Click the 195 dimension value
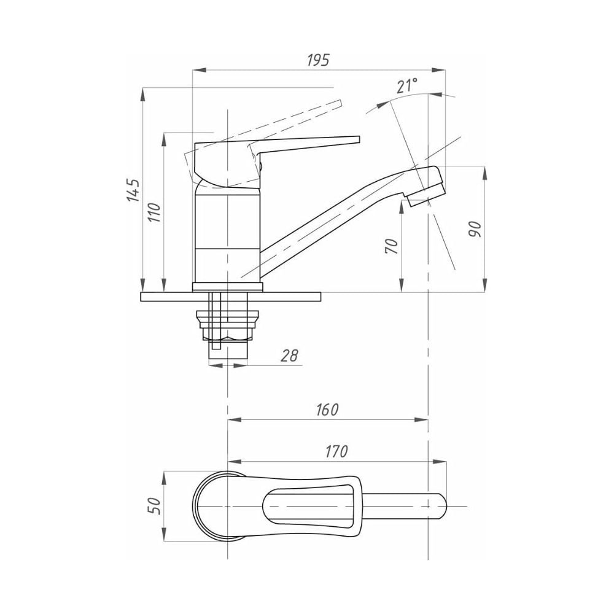[318, 60]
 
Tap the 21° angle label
[406, 85]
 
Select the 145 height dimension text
[133, 190]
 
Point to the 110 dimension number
[155, 212]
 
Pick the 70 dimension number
[392, 246]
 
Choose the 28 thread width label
[290, 355]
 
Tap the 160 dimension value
[327, 410]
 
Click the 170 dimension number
[336, 451]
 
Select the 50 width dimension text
[154, 506]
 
